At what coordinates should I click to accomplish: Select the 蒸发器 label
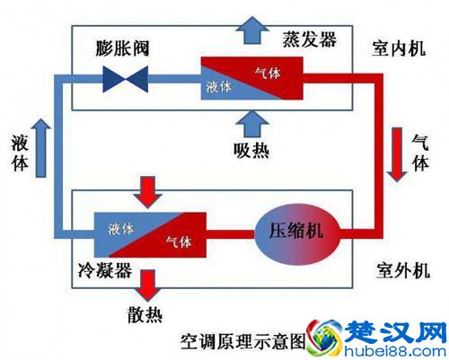point(310,39)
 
